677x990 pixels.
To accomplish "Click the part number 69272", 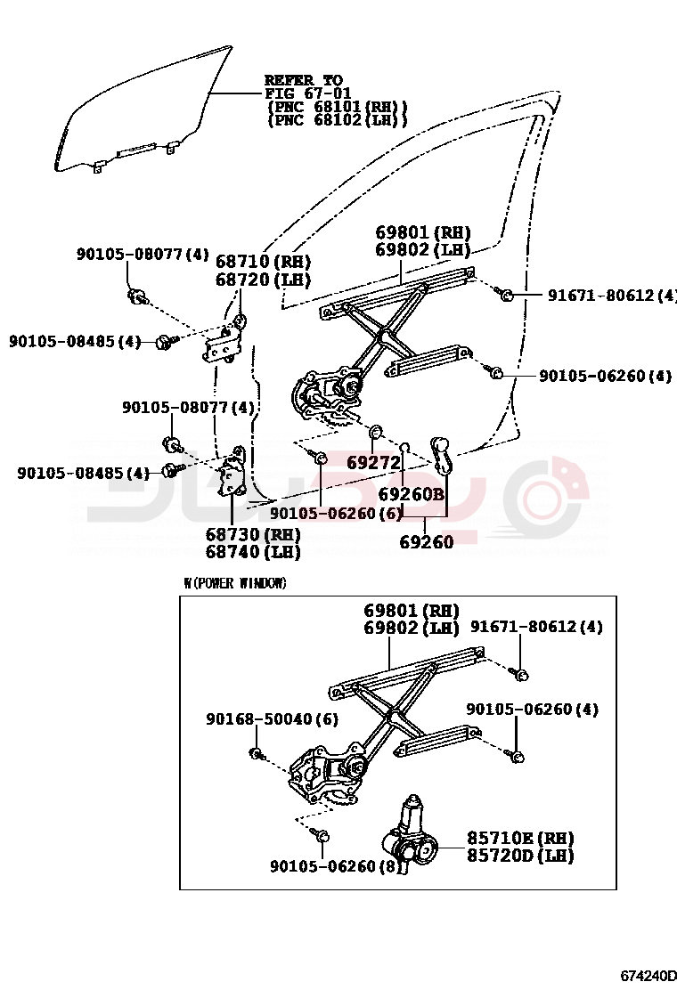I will pyautogui.click(x=373, y=463).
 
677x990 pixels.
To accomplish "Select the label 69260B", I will pyautogui.click(x=411, y=493).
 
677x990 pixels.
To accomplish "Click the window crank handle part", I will pyautogui.click(x=442, y=454).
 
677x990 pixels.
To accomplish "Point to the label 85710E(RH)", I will pyautogui.click(x=520, y=839).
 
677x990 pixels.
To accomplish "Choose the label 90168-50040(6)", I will pyautogui.click(x=272, y=718).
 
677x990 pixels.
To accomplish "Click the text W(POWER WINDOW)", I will pyautogui.click(x=235, y=583).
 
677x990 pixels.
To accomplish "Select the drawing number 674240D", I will pyautogui.click(x=648, y=976).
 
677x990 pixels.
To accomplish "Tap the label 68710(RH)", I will pyautogui.click(x=264, y=262).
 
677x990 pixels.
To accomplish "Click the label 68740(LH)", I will pyautogui.click(x=253, y=552).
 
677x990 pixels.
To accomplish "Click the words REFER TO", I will pyautogui.click(x=303, y=81).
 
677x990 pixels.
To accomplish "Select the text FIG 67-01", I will pyautogui.click(x=307, y=93).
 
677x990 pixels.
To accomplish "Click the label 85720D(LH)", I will pyautogui.click(x=520, y=856).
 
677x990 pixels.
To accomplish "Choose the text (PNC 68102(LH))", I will pyautogui.click(x=338, y=120).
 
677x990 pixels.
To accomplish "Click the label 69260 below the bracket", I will pyautogui.click(x=426, y=542).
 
